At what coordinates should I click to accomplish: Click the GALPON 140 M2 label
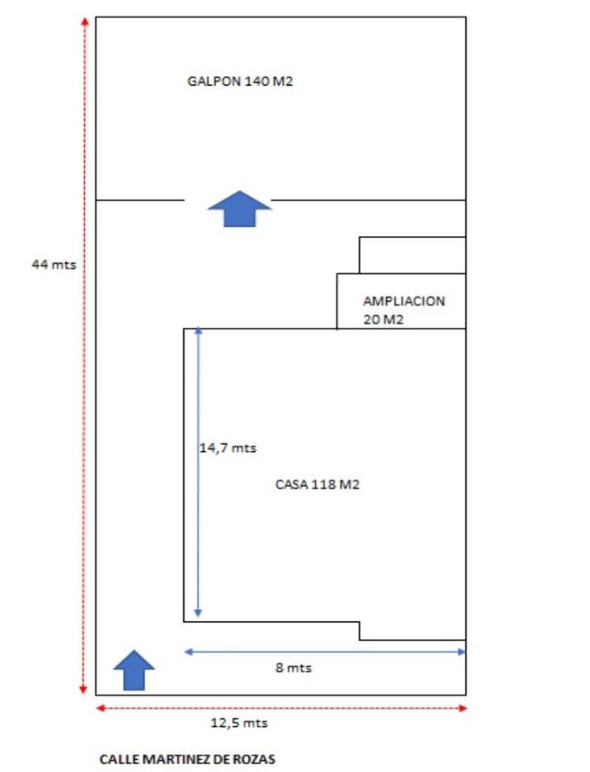coord(236,82)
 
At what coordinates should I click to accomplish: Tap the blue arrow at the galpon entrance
coord(240,208)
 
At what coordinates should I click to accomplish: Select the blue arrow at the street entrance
coord(134,670)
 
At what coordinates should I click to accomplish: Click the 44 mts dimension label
coord(53,265)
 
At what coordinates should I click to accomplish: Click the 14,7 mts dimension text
coord(228,448)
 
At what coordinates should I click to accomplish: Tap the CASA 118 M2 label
coord(317,485)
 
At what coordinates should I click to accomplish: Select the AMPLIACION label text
coord(403,302)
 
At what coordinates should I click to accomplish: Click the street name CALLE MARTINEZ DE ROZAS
coord(187,759)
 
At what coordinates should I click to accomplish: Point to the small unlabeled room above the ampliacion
coord(412,255)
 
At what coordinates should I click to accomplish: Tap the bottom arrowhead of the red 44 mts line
coord(84,690)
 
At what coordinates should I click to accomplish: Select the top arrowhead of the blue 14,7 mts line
coord(199,331)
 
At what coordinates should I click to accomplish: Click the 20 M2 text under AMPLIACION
coord(384,319)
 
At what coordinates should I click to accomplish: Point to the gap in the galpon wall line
coord(228,200)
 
